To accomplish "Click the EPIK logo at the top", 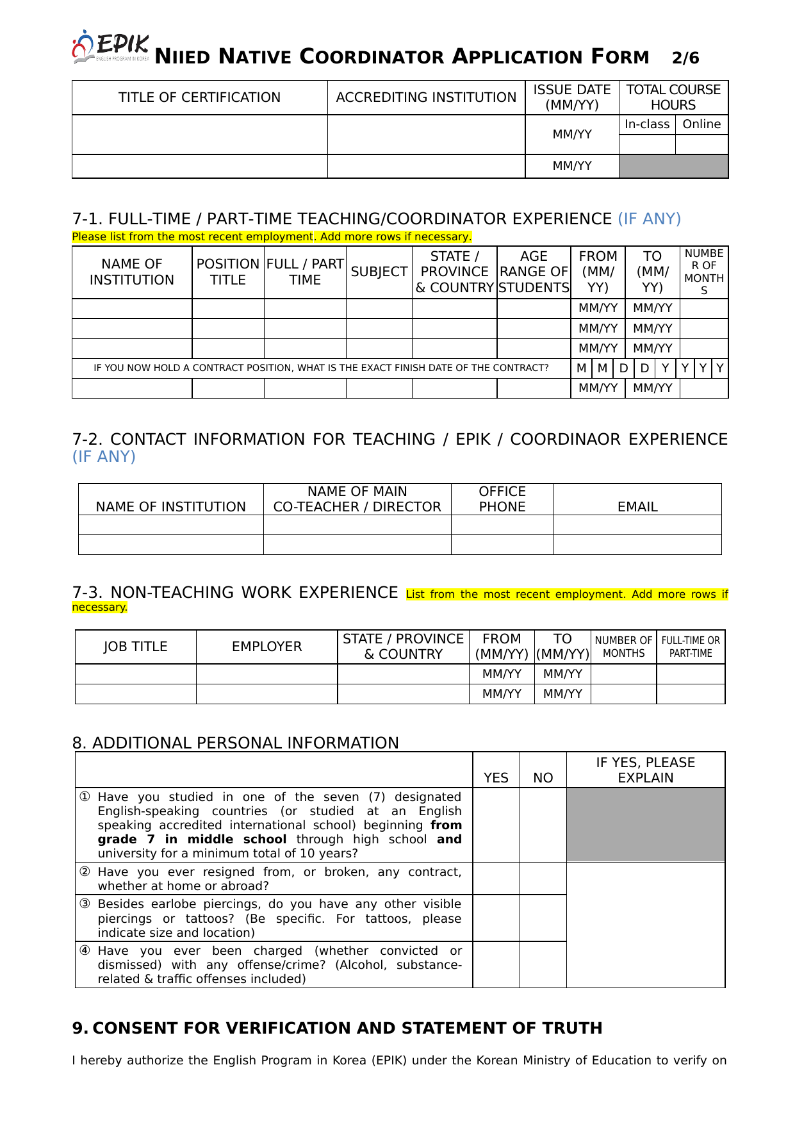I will tap(111, 47).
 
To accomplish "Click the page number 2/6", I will tap(685, 58).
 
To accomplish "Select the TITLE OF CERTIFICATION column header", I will tap(199, 97).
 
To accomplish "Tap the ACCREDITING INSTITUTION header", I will tap(426, 97).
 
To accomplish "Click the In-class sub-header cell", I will tap(647, 124).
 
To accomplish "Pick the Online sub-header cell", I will tap(701, 124).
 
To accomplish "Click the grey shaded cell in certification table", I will tap(673, 166).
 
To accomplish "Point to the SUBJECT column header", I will tap(379, 272).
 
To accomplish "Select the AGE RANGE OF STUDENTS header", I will tap(534, 272).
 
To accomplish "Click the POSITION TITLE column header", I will tap(228, 272).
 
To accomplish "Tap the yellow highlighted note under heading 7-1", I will tap(272, 236).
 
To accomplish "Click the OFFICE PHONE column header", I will tap(502, 499).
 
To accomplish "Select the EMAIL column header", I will tap(637, 506).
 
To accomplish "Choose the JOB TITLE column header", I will tap(135, 647).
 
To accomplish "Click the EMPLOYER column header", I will tap(266, 647).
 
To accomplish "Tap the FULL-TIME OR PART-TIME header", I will tap(691, 647).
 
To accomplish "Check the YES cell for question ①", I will tap(496, 825).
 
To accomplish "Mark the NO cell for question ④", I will tap(543, 964).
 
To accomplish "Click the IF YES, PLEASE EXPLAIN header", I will tap(645, 770).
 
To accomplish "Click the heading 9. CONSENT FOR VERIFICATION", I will tap(337, 1028).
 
